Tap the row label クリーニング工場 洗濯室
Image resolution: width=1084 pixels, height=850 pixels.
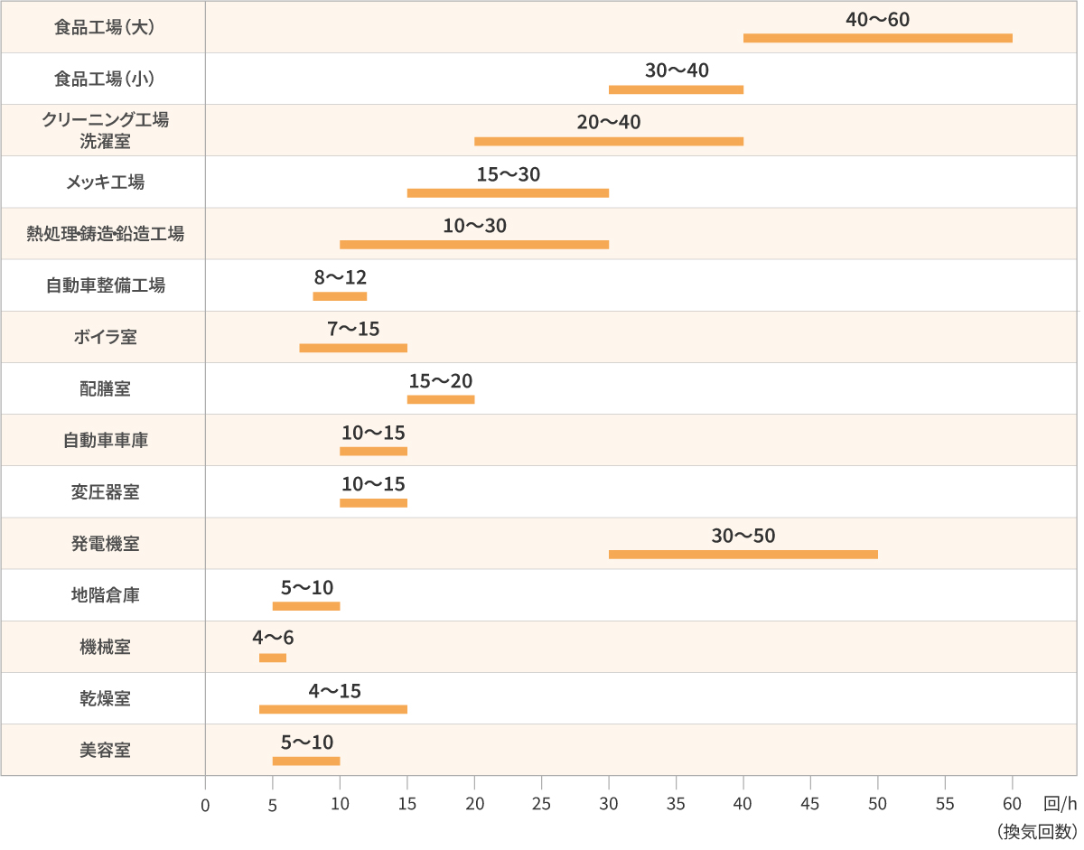click(x=106, y=131)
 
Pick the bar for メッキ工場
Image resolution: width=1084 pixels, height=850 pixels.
click(x=509, y=193)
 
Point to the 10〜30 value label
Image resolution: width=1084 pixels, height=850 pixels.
click(x=476, y=226)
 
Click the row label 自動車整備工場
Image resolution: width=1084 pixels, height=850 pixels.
click(x=106, y=285)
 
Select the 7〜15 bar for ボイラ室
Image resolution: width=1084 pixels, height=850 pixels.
click(x=354, y=349)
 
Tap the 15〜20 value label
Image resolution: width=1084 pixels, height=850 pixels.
click(x=442, y=381)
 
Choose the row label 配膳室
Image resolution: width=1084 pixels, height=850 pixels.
click(x=106, y=389)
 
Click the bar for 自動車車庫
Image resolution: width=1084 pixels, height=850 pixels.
click(x=374, y=452)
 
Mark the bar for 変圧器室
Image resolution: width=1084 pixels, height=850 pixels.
click(x=374, y=503)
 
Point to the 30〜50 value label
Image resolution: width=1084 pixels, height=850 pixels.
click(x=744, y=537)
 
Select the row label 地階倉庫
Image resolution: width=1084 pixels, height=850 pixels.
click(x=106, y=595)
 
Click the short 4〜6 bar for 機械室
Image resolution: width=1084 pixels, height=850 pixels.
click(x=274, y=659)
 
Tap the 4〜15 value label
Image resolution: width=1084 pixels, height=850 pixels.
click(x=335, y=691)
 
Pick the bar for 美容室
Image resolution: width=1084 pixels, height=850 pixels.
click(x=307, y=761)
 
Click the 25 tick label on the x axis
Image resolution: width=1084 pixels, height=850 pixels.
click(x=542, y=805)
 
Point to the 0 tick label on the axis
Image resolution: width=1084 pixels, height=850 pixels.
click(x=206, y=806)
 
